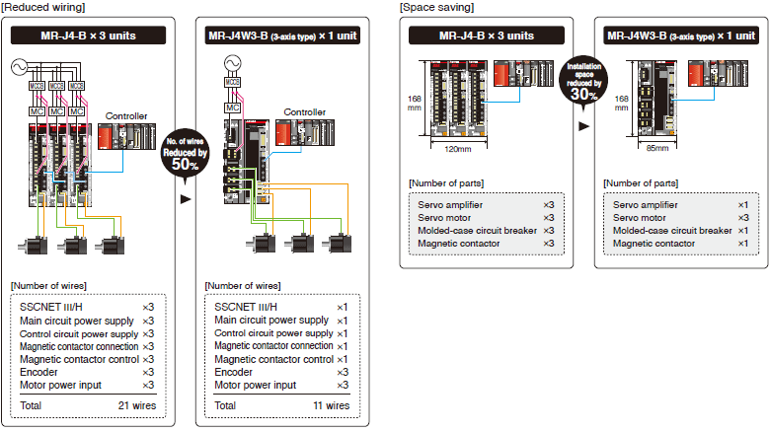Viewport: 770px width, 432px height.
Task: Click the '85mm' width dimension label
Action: click(x=656, y=149)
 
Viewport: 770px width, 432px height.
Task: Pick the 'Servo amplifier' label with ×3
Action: click(x=450, y=203)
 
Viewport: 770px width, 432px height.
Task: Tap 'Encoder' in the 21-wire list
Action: click(x=39, y=372)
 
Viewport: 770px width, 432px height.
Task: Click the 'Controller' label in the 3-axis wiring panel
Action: click(x=305, y=112)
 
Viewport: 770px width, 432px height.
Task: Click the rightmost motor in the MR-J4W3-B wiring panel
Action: click(x=341, y=242)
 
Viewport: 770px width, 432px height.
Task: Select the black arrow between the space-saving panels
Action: click(x=582, y=125)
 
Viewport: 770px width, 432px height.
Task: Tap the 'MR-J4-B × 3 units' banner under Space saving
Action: click(x=486, y=36)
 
